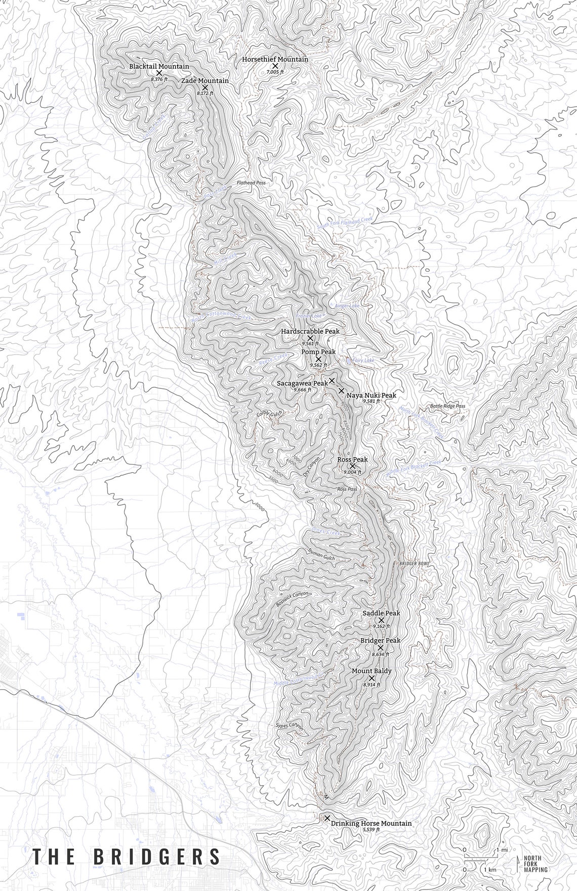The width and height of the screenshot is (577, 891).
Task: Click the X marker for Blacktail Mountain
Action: tap(159, 73)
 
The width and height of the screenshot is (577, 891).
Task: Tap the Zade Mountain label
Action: tap(205, 81)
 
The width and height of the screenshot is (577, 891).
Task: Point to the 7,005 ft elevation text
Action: tap(275, 72)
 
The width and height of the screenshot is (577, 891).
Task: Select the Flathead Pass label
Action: tap(251, 183)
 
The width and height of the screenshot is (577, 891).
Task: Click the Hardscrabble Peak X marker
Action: tap(310, 338)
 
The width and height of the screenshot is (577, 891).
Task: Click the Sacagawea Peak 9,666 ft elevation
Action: tap(302, 390)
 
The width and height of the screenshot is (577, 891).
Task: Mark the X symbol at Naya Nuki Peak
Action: tap(341, 390)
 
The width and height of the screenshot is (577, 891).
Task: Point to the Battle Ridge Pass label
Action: tap(447, 406)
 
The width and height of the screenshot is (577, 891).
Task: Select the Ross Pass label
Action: tap(347, 489)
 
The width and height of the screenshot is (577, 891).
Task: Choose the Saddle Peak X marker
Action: tap(381, 619)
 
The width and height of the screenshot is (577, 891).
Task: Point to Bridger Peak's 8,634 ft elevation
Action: tap(380, 654)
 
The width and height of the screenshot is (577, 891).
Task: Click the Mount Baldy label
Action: tap(372, 671)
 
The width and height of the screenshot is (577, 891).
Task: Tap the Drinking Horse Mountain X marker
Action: tap(327, 818)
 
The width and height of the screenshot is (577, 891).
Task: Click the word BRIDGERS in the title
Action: tap(157, 857)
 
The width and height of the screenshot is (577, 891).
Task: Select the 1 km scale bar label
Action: tap(489, 869)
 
